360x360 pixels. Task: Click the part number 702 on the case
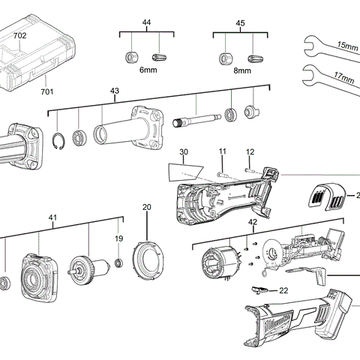(20, 35)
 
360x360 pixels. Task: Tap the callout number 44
(146, 23)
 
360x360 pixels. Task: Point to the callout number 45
(240, 23)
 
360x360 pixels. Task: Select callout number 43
(115, 92)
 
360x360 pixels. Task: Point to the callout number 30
(184, 152)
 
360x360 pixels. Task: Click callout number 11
(223, 152)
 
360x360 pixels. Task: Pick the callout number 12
(251, 152)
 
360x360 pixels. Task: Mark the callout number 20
(146, 207)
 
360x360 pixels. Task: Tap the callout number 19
(118, 238)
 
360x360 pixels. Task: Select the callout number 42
(253, 223)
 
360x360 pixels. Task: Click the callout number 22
(283, 289)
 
